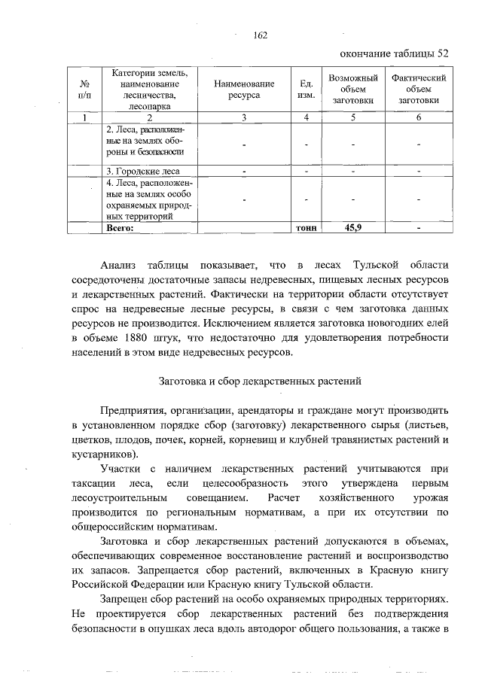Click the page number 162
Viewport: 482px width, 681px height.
click(x=261, y=35)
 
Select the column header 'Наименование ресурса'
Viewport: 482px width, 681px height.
click(x=243, y=90)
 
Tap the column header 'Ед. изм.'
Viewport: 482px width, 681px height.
click(x=306, y=90)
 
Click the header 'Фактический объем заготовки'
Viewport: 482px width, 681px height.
click(x=418, y=90)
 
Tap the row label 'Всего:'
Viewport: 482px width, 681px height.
click(x=120, y=227)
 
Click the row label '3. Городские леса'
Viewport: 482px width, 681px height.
click(x=142, y=171)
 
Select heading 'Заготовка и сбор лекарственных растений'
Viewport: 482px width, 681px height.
click(x=261, y=381)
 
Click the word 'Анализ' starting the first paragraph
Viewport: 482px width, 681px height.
click(x=119, y=266)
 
